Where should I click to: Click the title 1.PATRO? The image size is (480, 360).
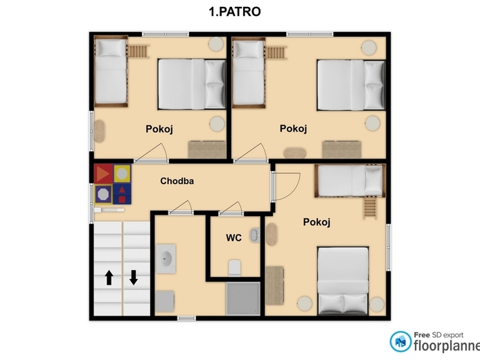coord(235,12)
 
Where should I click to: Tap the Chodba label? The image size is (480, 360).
coord(177,181)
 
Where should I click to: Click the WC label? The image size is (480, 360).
coord(233,237)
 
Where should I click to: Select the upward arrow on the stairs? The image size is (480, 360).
coord(109,278)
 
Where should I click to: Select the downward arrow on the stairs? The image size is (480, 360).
coord(134,278)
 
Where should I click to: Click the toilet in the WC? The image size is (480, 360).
coord(234,267)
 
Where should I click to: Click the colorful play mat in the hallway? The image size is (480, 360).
coord(113,183)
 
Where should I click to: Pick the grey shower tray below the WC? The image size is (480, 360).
coord(242,298)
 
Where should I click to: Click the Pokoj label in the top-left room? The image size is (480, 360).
coord(159,129)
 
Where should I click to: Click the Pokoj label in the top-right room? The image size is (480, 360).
coord(293,129)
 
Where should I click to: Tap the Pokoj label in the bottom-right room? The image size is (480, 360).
coord(317,222)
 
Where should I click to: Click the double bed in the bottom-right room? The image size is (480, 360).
coord(343,280)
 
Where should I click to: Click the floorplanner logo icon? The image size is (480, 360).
coord(400,341)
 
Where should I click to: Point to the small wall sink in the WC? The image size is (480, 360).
coord(255,235)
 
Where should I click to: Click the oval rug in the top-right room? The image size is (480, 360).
coord(295,150)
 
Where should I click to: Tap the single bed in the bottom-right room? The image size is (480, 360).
coord(349,179)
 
